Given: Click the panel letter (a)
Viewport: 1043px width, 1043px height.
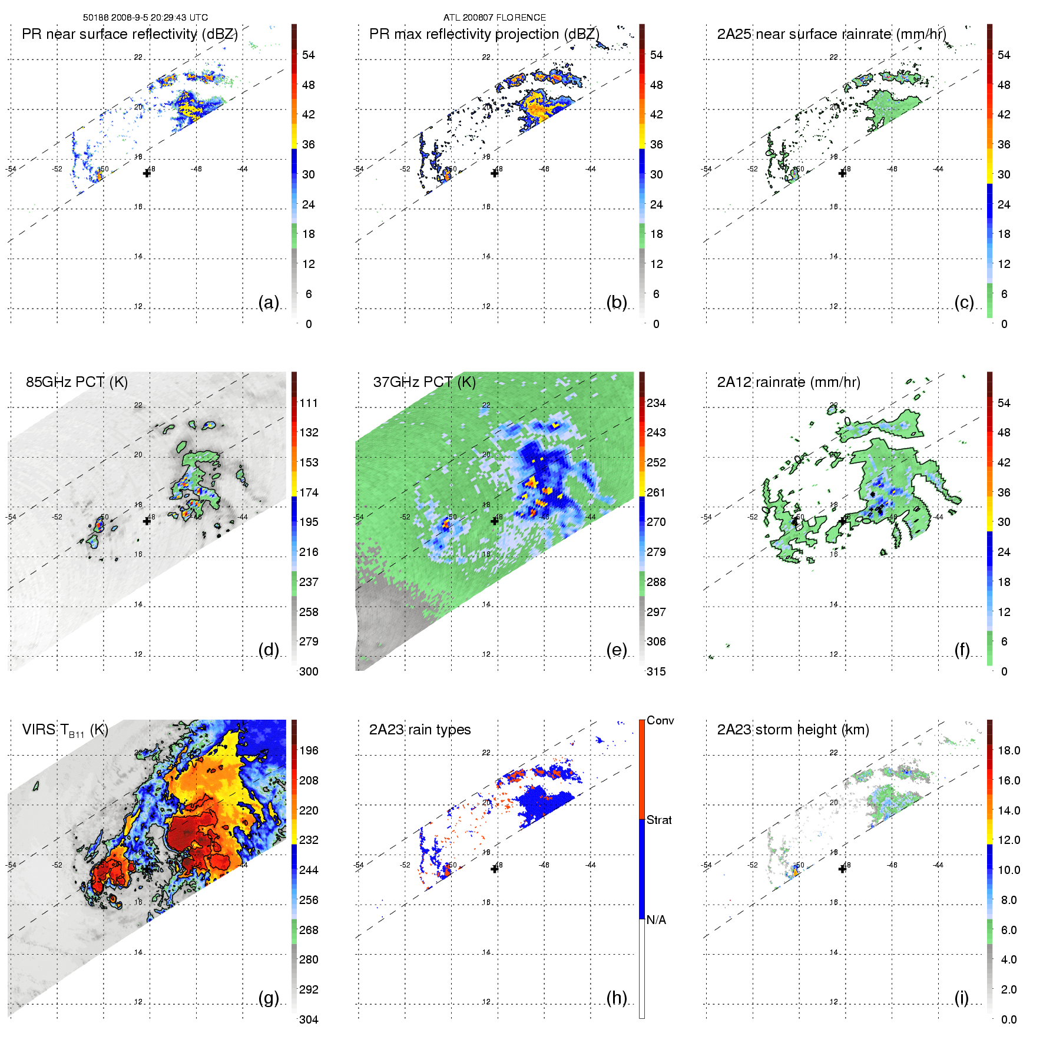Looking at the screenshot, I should (269, 303).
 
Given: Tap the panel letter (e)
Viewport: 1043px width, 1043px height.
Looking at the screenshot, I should (616, 650).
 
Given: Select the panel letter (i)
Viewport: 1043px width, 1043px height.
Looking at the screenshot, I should (961, 998).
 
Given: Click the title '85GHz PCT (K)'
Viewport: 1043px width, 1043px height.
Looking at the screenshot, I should (77, 382).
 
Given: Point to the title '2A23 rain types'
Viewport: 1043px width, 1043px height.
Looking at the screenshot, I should (420, 730).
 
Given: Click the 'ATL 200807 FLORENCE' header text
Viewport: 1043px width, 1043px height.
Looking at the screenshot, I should (494, 18).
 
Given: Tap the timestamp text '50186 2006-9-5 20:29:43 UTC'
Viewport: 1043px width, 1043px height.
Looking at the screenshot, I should (145, 18).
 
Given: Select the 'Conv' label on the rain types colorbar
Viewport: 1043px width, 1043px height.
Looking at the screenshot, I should (660, 720).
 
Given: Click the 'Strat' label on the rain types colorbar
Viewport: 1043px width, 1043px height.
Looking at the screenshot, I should (659, 820).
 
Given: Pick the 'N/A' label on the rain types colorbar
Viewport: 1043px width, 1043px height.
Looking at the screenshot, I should (656, 920).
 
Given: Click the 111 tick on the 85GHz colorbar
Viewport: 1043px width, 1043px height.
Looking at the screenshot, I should (309, 403).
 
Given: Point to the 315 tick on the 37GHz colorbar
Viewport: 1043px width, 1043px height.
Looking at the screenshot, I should (656, 671).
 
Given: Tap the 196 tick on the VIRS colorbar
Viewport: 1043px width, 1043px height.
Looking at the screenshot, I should (309, 750).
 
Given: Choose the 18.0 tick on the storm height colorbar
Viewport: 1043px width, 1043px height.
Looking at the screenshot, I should (1009, 750).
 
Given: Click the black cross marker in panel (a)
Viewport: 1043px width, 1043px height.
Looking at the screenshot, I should (147, 173).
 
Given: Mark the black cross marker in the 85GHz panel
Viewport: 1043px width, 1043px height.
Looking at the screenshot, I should (147, 521).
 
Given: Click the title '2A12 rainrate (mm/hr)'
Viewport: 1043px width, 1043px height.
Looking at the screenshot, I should (789, 382).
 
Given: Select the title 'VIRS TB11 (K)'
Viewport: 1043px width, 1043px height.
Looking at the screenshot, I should (65, 730).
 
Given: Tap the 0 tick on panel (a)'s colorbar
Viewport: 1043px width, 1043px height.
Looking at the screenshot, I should (309, 324).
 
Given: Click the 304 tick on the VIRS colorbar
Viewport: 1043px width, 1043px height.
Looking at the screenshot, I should (309, 1019).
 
